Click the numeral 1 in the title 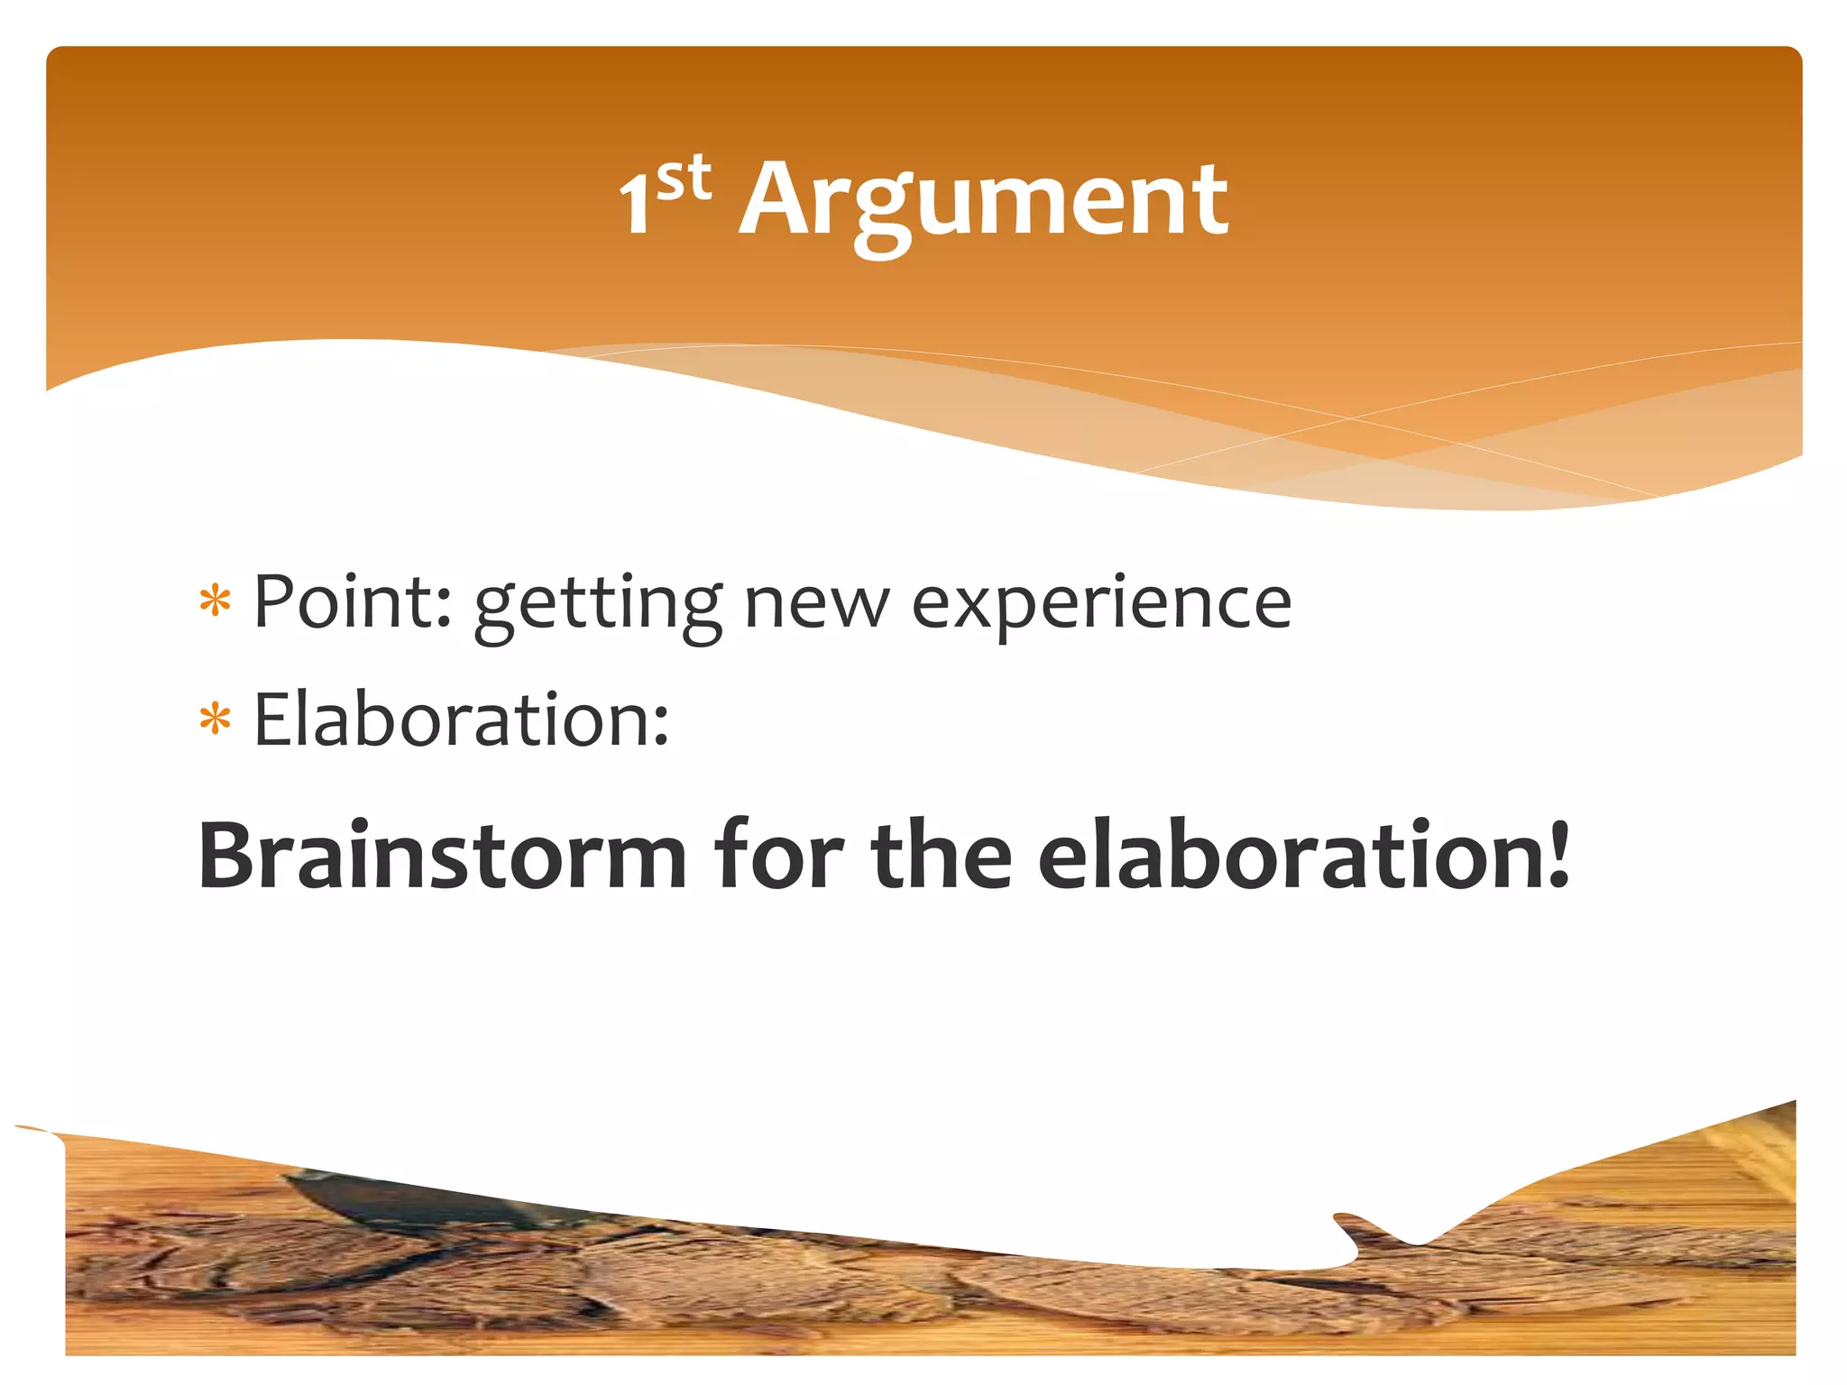coord(636,206)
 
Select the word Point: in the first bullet coord(353,601)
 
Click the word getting coord(598,606)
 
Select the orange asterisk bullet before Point coord(216,601)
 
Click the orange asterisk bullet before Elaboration coord(216,720)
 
